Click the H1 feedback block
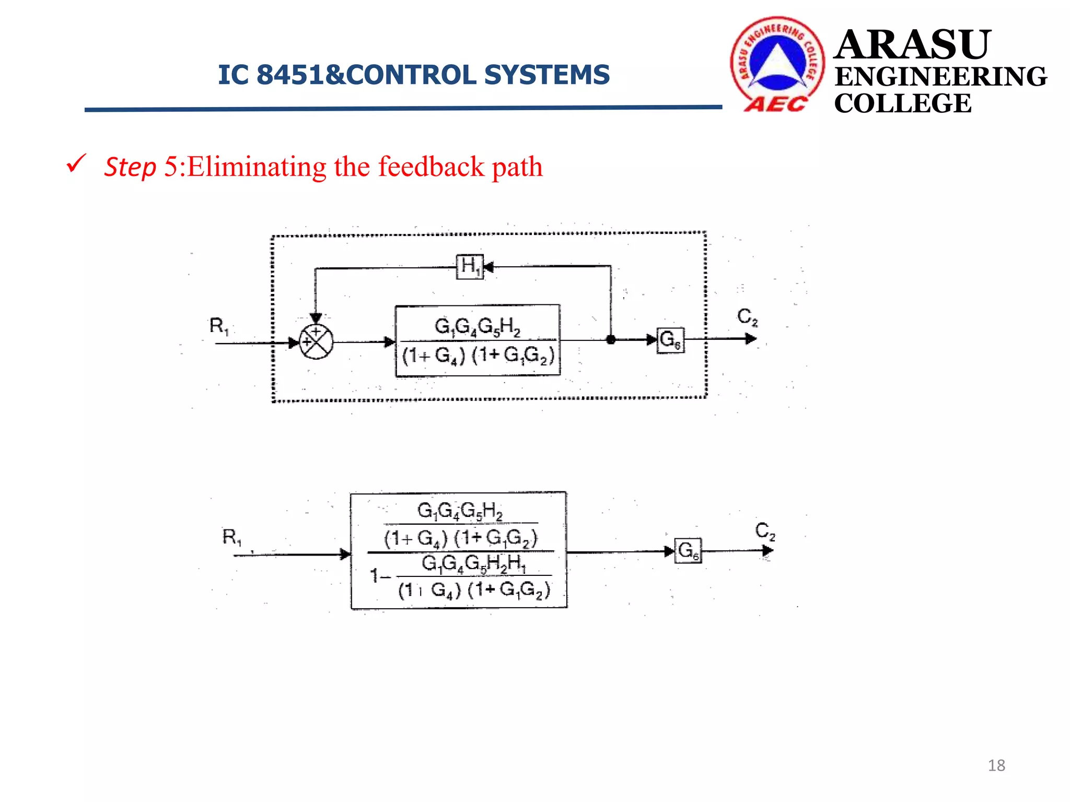click(x=469, y=267)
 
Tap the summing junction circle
click(x=316, y=342)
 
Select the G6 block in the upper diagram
click(x=670, y=340)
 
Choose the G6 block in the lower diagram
click(x=688, y=551)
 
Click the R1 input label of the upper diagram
click(x=219, y=326)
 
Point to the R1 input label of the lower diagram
click(x=232, y=537)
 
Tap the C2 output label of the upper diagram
click(x=747, y=316)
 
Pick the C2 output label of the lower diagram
click(x=765, y=531)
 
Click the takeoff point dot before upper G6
click(x=611, y=340)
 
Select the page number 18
click(x=996, y=765)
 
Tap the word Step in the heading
click(x=130, y=167)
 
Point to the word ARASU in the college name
click(x=912, y=45)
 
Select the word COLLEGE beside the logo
click(x=902, y=103)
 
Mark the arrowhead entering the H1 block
click(x=488, y=267)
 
